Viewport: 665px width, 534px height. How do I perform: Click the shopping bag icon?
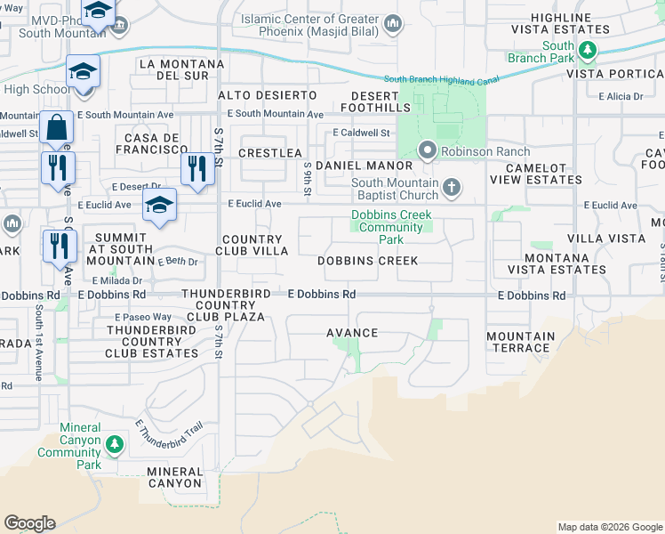click(56, 127)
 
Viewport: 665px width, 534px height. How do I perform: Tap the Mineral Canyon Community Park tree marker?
click(113, 443)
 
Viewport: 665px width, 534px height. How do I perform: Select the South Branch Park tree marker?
click(587, 52)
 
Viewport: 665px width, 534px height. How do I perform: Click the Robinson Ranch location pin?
click(428, 151)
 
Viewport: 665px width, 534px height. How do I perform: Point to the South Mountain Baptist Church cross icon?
click(453, 187)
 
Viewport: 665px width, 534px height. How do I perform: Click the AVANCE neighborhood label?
click(352, 333)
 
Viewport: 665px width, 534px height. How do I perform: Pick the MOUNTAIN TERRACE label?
click(520, 342)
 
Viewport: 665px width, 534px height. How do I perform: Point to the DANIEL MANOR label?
click(364, 166)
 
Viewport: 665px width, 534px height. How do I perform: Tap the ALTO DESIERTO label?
click(268, 94)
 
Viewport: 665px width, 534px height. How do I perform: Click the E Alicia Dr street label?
click(620, 96)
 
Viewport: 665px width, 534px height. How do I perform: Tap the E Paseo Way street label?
click(143, 317)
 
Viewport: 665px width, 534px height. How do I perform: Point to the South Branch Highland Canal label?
click(448, 80)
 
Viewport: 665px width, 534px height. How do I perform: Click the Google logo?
click(29, 523)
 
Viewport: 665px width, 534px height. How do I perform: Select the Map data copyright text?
click(609, 527)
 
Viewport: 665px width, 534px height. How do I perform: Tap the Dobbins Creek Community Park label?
click(391, 227)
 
